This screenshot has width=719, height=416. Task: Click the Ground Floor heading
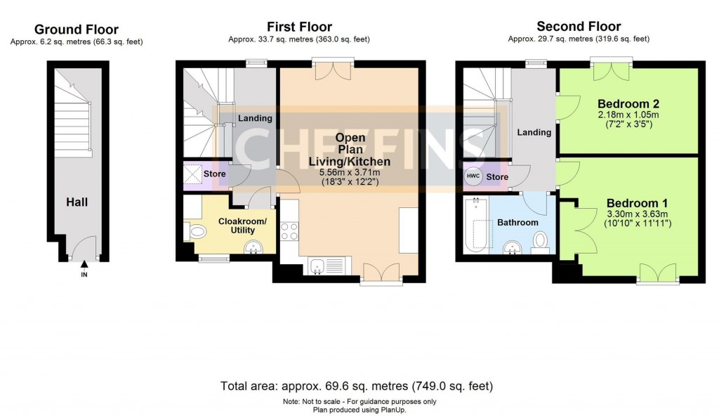[x=77, y=30]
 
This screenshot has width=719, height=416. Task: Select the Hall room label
[x=77, y=202]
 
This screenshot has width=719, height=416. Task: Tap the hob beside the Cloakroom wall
[x=289, y=230]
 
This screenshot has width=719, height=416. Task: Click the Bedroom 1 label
[x=639, y=200]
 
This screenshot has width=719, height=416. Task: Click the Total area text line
[x=357, y=386]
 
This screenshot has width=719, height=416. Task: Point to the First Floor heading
[x=299, y=27]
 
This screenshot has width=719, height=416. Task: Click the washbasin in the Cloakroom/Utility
[x=253, y=247]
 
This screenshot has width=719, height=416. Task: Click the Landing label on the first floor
[x=255, y=118]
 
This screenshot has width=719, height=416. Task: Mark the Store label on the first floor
[x=214, y=173]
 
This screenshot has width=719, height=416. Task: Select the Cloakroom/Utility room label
[x=242, y=226]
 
